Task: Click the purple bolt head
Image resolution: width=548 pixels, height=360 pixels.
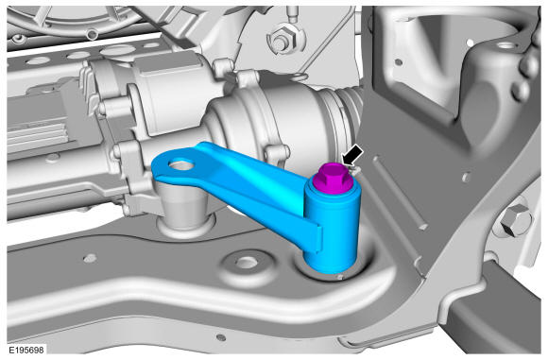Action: tap(332, 179)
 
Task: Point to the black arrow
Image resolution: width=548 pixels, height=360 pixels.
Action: tap(352, 154)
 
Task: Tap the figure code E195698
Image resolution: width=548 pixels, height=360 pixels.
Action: tap(26, 350)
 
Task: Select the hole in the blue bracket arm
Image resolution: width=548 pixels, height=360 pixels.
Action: tap(181, 164)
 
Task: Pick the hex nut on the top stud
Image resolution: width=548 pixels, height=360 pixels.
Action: tap(280, 41)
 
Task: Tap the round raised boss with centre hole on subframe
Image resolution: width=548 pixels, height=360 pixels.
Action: tap(247, 264)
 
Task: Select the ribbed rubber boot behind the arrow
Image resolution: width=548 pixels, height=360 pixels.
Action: tap(346, 111)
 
